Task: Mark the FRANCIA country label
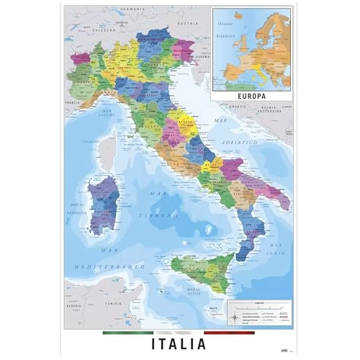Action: point(73,103)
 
